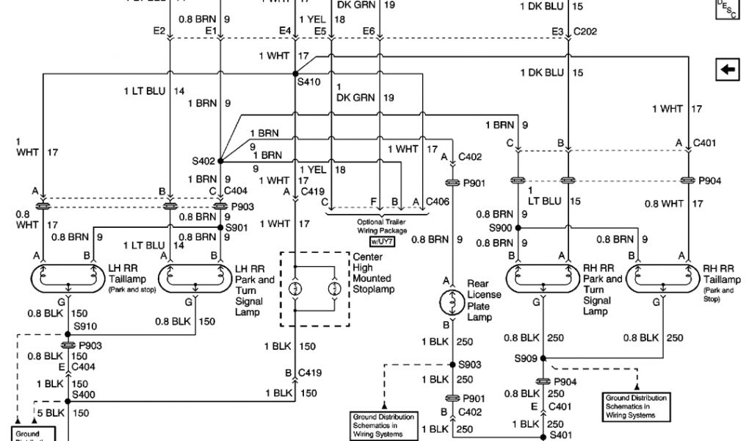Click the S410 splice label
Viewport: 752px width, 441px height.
tap(309, 82)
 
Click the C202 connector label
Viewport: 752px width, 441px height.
tap(585, 32)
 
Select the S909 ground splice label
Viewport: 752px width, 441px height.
tap(526, 359)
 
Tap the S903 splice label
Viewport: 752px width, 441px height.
tap(471, 365)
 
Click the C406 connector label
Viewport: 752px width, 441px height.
tap(438, 201)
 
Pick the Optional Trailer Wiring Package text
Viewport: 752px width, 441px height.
tap(380, 225)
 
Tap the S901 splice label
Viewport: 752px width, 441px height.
tap(237, 228)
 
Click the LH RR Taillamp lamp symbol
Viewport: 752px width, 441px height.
tap(68, 279)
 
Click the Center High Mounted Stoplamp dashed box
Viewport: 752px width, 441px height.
tap(315, 288)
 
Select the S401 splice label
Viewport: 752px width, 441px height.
tap(562, 435)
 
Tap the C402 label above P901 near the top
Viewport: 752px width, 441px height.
tap(470, 156)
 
